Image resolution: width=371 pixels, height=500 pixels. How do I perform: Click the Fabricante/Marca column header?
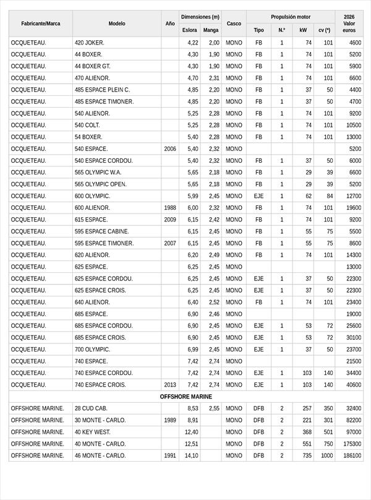click(41, 24)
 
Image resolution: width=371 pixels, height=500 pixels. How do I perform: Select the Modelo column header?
click(117, 24)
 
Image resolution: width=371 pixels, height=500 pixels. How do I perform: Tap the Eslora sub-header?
click(190, 30)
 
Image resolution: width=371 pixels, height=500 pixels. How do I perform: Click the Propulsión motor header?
click(291, 17)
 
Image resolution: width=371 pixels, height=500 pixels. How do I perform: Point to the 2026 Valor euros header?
click(349, 24)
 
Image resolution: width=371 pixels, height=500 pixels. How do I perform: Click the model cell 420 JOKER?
click(90, 43)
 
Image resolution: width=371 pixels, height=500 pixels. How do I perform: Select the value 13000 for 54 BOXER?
click(354, 137)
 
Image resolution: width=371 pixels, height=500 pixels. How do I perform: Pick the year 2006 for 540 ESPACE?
click(170, 149)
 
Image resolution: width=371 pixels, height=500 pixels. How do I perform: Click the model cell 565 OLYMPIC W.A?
click(98, 173)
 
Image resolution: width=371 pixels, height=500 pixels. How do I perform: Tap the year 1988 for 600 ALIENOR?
click(170, 208)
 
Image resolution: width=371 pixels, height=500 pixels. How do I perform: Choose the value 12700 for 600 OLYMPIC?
click(354, 196)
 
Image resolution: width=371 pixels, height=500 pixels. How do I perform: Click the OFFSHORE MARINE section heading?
click(185, 397)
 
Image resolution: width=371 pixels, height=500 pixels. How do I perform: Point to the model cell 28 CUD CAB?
click(91, 408)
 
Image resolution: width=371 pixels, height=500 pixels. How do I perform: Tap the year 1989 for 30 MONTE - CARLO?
click(170, 420)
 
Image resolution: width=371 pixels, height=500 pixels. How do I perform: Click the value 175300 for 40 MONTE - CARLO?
click(352, 444)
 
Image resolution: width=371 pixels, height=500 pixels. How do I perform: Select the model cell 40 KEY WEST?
click(93, 432)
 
